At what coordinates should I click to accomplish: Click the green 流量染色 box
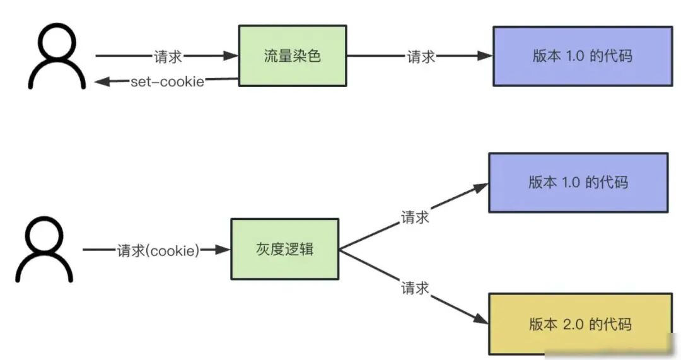point(292,55)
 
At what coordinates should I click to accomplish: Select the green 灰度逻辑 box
point(284,249)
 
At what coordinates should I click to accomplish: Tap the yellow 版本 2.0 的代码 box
point(580,324)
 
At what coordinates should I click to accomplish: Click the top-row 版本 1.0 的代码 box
point(582,55)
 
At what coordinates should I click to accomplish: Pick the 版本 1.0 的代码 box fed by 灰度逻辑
point(578,182)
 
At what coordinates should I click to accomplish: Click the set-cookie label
point(167,82)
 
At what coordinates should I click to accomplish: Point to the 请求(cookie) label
point(158,250)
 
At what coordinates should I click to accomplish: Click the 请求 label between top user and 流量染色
point(168,56)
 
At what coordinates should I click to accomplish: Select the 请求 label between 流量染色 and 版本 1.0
point(421,56)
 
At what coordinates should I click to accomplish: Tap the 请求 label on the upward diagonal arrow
point(415,218)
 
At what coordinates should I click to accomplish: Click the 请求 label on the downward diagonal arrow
point(415,288)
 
